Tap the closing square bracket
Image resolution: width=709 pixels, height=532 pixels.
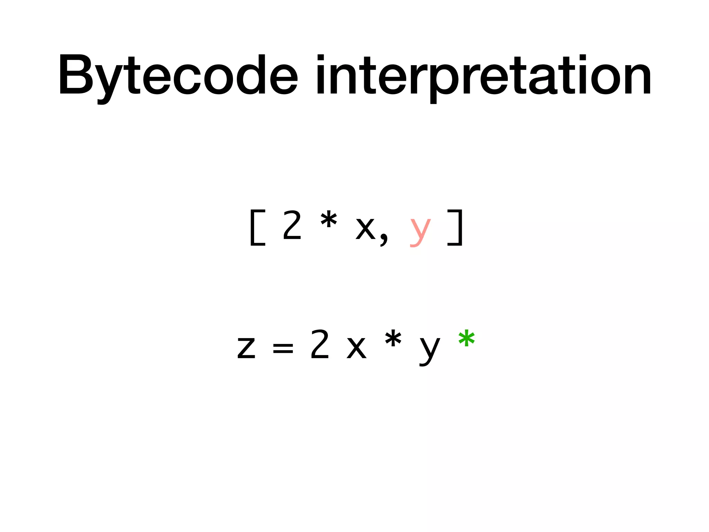click(455, 228)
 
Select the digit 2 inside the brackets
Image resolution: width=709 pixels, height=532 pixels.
click(292, 226)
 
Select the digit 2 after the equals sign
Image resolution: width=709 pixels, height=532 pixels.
click(320, 345)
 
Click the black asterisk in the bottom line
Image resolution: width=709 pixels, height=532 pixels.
click(393, 340)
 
